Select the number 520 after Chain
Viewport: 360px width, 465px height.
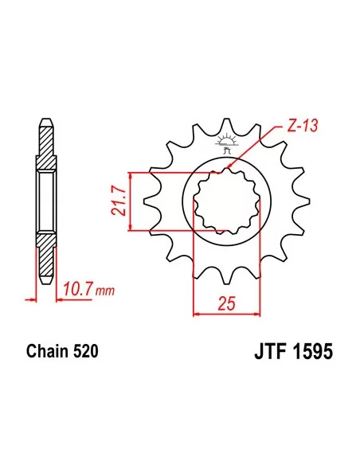(85, 350)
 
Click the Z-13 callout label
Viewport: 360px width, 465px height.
(296, 125)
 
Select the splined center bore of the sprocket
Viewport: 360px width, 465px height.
(229, 201)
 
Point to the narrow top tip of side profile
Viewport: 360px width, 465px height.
(46, 127)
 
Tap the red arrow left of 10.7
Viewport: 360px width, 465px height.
(31, 300)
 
